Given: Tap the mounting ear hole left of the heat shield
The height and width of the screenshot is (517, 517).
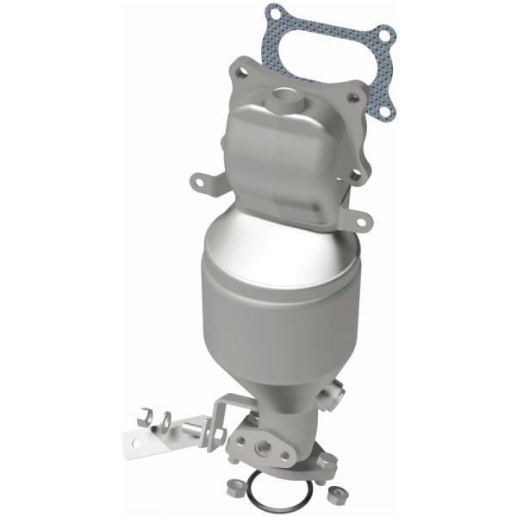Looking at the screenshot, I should click(x=200, y=182).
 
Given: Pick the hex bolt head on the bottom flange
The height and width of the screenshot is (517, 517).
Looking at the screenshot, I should click(x=327, y=463).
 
